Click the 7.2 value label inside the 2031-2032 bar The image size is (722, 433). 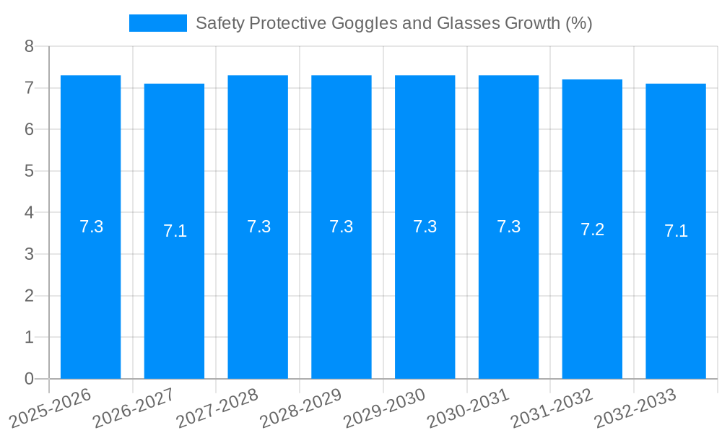coord(592,229)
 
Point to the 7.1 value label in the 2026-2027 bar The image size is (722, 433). coord(175,231)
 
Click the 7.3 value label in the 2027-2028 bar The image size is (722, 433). coord(258,227)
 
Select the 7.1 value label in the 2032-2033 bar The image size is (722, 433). coord(676,231)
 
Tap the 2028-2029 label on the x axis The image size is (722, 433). coord(301,408)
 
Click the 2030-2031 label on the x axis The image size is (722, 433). coord(469,408)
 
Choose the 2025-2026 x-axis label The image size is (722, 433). coord(51,408)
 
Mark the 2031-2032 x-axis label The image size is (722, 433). coord(552,408)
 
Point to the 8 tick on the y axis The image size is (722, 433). coord(29,46)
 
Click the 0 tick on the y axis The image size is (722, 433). coord(29,379)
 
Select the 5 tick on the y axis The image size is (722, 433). coord(29,171)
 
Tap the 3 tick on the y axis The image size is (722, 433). coord(29,254)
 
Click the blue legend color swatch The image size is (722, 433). coord(157,23)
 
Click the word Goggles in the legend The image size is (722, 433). coord(362,23)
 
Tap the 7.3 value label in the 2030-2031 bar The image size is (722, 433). coord(508,227)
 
